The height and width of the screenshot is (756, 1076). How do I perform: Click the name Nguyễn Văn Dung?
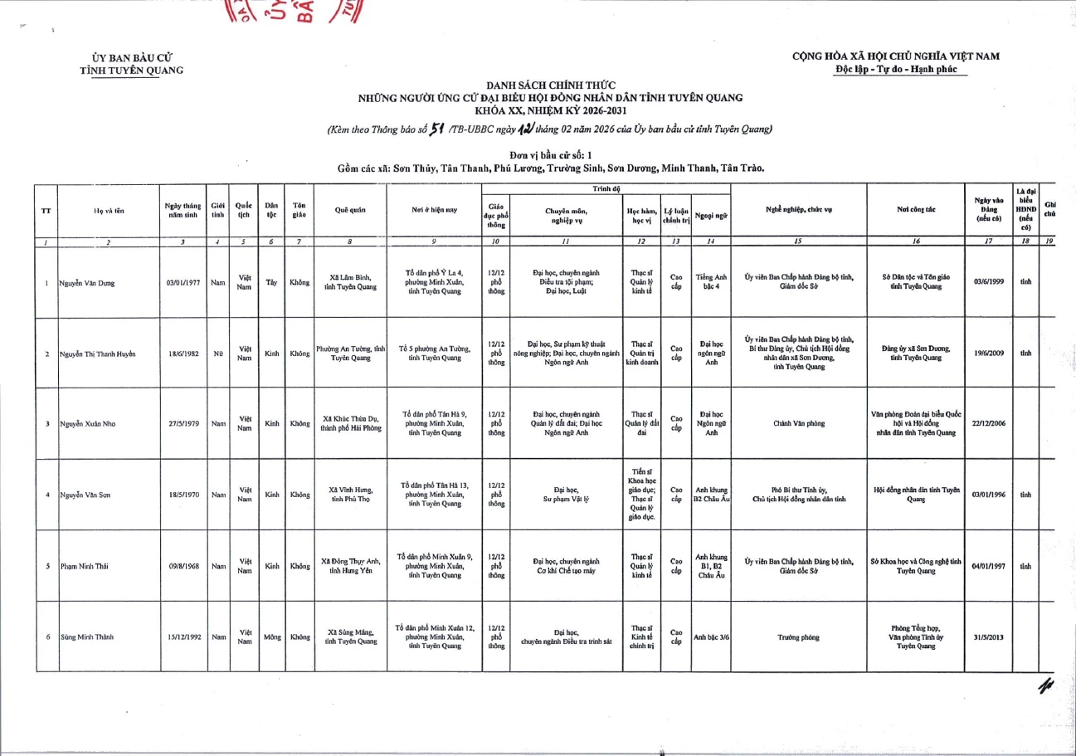87,283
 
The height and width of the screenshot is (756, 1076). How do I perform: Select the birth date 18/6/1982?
182,354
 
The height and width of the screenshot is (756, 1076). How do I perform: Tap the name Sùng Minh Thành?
87,637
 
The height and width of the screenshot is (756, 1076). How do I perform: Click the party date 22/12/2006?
988,423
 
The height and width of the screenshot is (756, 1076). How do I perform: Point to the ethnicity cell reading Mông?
271,637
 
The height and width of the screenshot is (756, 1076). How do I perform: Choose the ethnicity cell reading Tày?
271,282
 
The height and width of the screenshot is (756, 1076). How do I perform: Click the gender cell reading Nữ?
218,354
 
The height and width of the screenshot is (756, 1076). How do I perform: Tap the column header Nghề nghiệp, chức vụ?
797,210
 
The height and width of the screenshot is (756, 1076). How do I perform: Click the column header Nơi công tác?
914,210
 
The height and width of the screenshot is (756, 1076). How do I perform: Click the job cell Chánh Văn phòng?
797,423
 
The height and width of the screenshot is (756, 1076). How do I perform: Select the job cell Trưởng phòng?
797,637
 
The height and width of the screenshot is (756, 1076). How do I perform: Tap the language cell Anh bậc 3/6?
711,637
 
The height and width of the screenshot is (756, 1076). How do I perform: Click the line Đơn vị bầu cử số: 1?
550,155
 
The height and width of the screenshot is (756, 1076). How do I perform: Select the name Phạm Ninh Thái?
83,566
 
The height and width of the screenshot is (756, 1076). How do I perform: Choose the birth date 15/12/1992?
183,637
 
